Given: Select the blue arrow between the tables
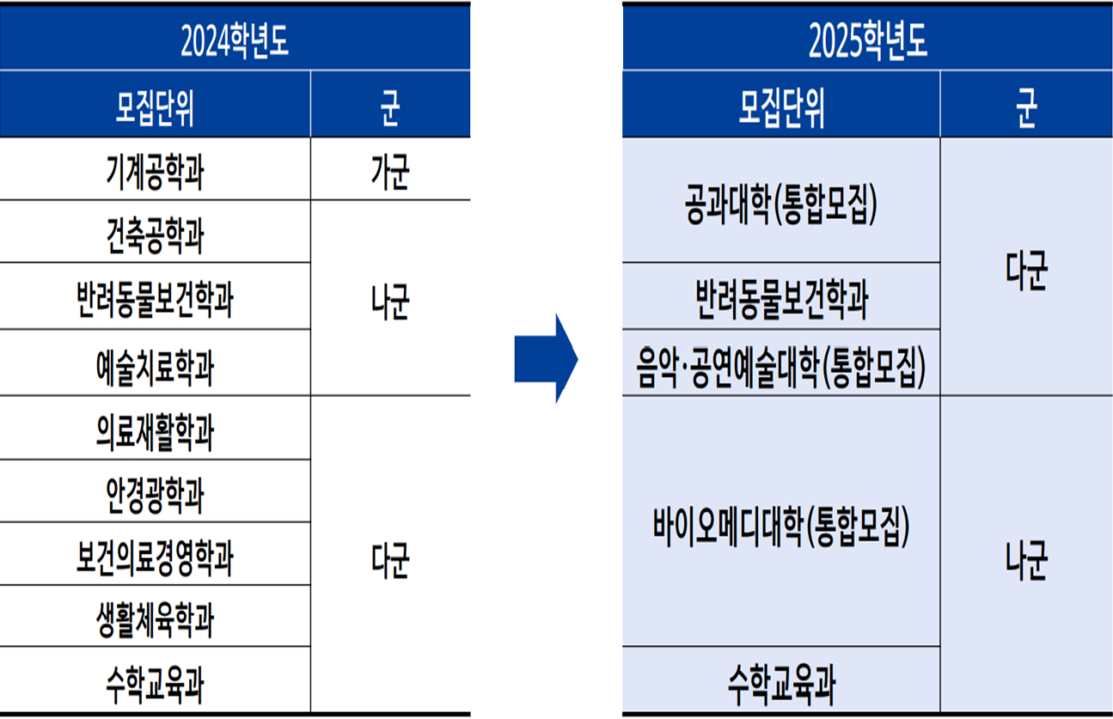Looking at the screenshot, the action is pos(547,358).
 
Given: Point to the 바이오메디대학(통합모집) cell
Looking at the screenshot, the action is pos(781,527).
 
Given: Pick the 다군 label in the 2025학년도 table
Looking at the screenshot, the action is pos(1026,271).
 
